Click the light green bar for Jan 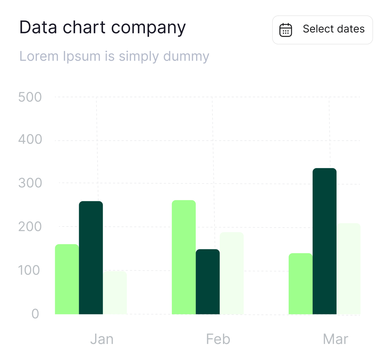click(67, 279)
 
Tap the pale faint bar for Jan click(115, 293)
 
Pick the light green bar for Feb click(184, 257)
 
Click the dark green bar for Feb click(208, 281)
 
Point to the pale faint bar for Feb click(232, 273)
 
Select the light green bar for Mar click(300, 283)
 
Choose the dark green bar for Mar click(324, 241)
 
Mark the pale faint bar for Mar click(348, 269)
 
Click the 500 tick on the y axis click(30, 97)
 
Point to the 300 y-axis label click(30, 183)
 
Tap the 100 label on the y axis click(29, 270)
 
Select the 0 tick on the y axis click(35, 314)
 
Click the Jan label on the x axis click(102, 339)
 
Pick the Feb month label click(218, 339)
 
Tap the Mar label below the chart click(335, 339)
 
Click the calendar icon click(286, 30)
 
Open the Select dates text click(334, 29)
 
